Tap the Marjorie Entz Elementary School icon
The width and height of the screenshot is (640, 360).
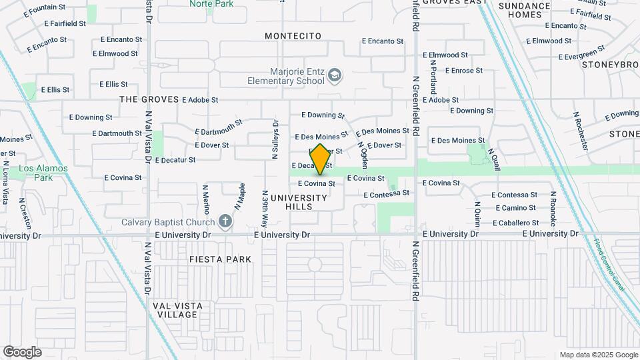pos(333,77)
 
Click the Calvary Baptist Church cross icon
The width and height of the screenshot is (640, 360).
pos(225,222)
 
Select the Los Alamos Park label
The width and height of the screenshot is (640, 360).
pos(43,173)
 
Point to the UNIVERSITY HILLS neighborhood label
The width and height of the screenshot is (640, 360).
pos(299,202)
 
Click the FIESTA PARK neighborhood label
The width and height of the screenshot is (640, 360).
pos(220,259)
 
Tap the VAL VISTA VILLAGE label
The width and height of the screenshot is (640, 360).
pos(175,309)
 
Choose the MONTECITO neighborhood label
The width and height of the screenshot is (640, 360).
pos(293,35)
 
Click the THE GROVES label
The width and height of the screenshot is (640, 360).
pos(149,99)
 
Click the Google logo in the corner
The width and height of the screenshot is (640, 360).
pos(21,352)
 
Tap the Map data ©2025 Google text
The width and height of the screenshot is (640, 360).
pos(599,355)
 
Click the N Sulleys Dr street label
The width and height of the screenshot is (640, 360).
pos(275,140)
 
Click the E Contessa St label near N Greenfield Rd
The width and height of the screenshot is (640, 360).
pos(386,194)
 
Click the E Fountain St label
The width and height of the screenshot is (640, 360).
pos(44,10)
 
